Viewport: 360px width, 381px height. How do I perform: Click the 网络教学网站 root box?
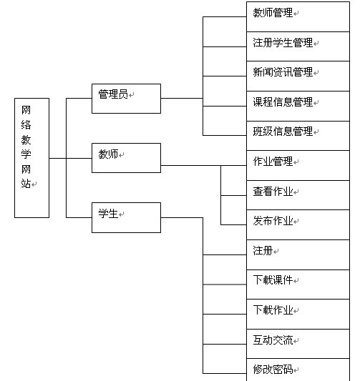click(x=32, y=158)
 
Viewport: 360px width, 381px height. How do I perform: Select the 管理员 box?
click(x=126, y=99)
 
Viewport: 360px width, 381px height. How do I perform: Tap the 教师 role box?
click(x=126, y=158)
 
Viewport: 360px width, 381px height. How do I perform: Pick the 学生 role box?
click(x=126, y=217)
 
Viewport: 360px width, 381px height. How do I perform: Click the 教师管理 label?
click(x=273, y=13)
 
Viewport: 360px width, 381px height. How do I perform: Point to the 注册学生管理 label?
click(x=283, y=42)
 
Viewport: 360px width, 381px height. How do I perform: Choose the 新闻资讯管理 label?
click(x=283, y=72)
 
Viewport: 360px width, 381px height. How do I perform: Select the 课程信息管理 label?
click(x=283, y=102)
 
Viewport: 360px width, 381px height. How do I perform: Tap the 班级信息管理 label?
click(x=283, y=132)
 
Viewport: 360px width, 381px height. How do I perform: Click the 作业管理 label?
click(x=273, y=162)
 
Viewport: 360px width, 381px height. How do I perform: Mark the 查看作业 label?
click(x=273, y=192)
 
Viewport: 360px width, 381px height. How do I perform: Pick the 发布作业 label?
click(x=273, y=221)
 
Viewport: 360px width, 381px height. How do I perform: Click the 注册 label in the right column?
click(x=263, y=250)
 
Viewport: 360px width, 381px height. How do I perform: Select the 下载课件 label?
click(x=273, y=280)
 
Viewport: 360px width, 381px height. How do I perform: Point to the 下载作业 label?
click(x=273, y=310)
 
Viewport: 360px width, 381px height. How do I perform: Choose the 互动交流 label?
click(x=273, y=340)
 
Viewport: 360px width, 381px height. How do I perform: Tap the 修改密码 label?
click(x=273, y=370)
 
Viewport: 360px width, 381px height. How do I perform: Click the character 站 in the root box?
click(x=26, y=184)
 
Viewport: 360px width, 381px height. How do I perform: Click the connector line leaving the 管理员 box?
click(x=182, y=99)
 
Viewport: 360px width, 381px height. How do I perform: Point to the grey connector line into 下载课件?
click(x=225, y=284)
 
